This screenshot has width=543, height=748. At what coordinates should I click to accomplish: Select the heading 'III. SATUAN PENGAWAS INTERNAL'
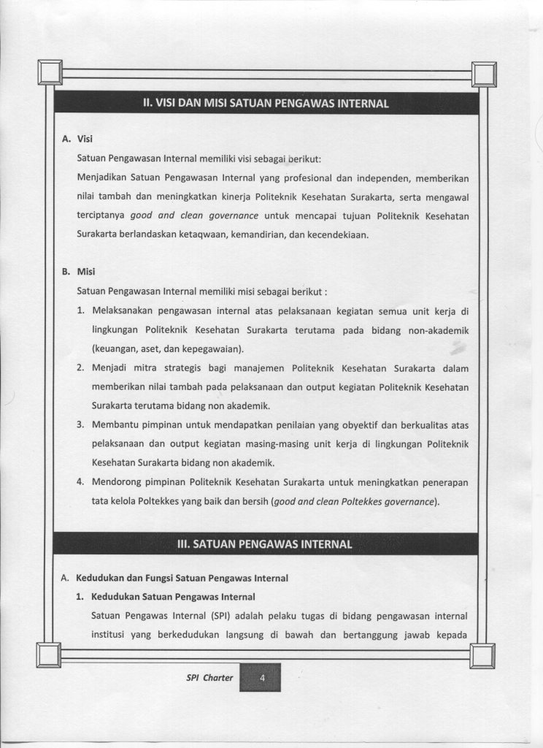click(265, 544)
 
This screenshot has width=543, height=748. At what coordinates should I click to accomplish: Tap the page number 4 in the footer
click(261, 678)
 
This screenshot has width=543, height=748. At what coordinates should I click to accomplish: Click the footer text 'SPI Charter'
click(209, 678)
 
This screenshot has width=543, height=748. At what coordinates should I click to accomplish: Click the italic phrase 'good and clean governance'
click(194, 216)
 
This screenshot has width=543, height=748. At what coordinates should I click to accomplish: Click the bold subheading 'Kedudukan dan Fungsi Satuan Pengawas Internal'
click(182, 578)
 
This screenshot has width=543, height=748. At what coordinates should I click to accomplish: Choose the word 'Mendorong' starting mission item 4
click(116, 482)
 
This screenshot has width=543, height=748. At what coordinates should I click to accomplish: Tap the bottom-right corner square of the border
click(483, 654)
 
